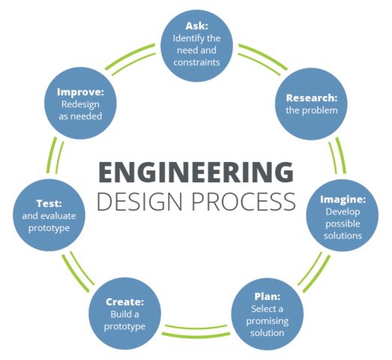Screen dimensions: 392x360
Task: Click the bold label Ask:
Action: pos(197,26)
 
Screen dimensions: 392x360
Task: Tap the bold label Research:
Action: pos(312,98)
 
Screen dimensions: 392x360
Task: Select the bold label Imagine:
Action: pos(343,199)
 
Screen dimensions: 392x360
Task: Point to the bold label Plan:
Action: pos(267,297)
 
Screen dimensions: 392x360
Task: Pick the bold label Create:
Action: pos(125,302)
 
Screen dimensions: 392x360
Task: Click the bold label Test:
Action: pos(49,203)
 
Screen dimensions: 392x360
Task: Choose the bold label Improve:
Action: pos(80,92)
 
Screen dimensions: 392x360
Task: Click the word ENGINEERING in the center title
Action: pos(196,172)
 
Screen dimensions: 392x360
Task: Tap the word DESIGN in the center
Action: pos(140,202)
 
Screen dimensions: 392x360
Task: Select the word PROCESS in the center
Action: pos(244,202)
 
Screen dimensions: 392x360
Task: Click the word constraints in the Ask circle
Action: pos(197,62)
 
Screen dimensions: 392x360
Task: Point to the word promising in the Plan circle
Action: pos(267,322)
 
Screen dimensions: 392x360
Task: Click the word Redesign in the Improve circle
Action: pos(80,105)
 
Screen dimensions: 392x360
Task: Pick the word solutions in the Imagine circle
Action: pos(343,235)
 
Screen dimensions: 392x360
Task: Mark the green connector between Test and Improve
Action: pos(55,155)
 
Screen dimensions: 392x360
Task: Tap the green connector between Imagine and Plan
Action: pos(314,272)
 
